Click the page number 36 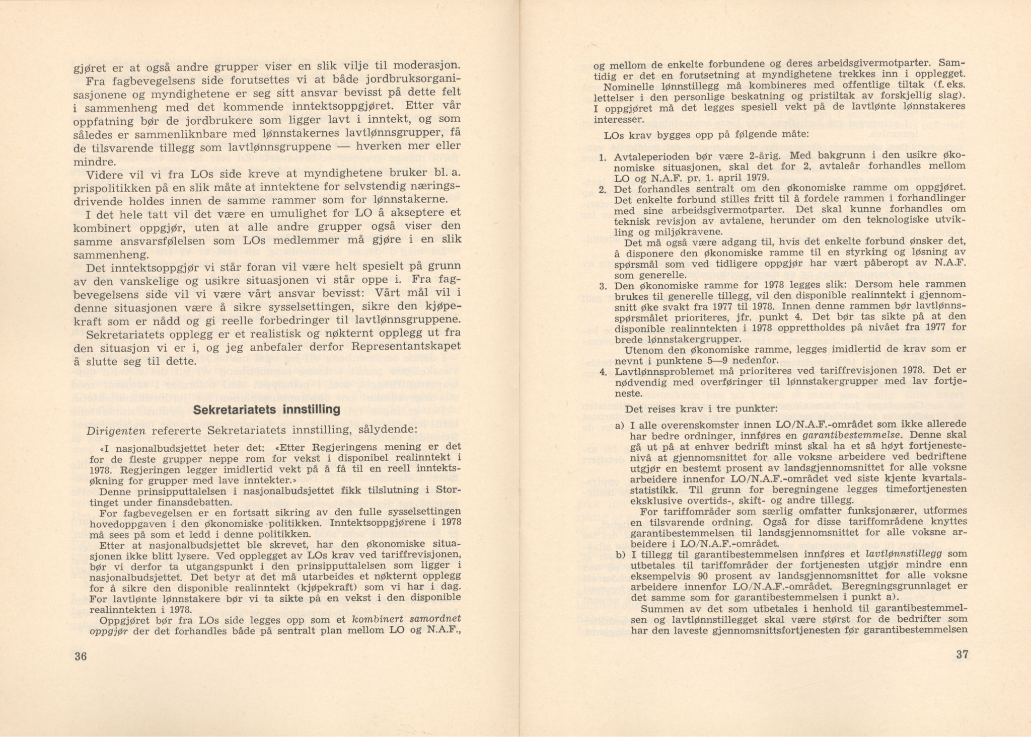81,656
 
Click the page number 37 961,655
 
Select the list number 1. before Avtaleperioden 603,158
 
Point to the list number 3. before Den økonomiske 603,287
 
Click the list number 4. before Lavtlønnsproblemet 603,373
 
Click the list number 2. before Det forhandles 603,190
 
